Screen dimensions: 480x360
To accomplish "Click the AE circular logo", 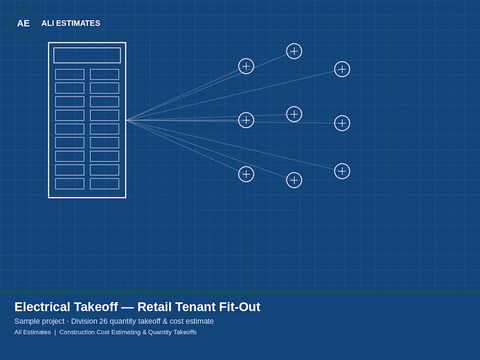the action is click(x=24, y=23).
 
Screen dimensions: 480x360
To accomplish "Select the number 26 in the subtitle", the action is click(x=103, y=321).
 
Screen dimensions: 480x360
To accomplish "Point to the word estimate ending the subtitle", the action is click(x=200, y=321).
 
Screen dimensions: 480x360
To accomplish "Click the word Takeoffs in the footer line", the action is click(x=184, y=332).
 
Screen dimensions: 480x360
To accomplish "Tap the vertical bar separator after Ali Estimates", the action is click(x=55, y=332).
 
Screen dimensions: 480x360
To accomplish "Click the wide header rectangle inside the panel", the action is click(x=87, y=55).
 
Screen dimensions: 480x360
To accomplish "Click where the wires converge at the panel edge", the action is click(x=127, y=120).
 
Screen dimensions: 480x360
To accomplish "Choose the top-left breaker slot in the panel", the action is click(x=70, y=74).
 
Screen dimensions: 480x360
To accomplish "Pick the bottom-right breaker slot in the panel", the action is click(x=105, y=184).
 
